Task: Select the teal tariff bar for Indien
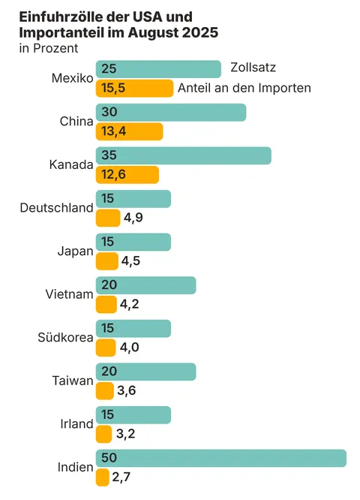220,458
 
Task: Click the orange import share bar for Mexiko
134,89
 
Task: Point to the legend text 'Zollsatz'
254,68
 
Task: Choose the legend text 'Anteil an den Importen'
244,89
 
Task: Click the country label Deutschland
56,208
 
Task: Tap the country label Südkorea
65,337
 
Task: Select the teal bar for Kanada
183,155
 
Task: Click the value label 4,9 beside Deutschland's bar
133,218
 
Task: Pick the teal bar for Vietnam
145,285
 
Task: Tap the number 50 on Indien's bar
109,458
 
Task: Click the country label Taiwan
72,381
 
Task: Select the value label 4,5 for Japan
130,261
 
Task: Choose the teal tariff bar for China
170,112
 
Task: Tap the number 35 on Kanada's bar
109,155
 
